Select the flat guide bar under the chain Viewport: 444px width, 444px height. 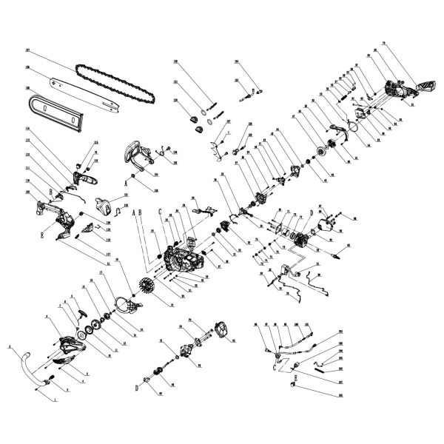tap(81, 92)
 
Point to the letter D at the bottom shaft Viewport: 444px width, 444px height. tap(136, 386)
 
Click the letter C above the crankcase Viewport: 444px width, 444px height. tap(159, 211)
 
